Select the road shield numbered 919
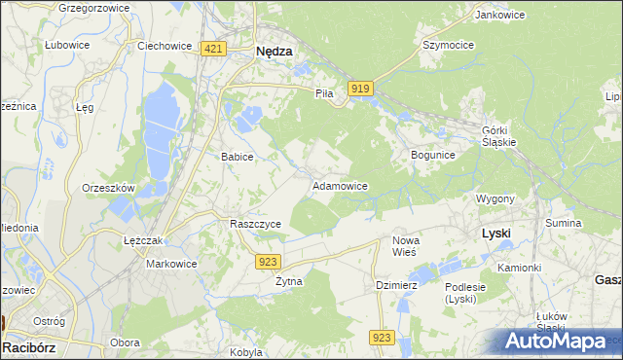coord(359,89)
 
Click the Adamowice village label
coord(339,185)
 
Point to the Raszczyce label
coord(255,223)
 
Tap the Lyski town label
coord(496,234)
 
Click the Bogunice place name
coord(433,155)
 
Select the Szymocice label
coord(448,45)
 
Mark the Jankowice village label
coord(499,15)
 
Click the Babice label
coord(238,156)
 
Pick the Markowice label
coord(171,264)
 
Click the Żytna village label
coord(288,281)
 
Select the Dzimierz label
coord(396,285)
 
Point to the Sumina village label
coord(564,223)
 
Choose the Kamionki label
coord(519,267)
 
